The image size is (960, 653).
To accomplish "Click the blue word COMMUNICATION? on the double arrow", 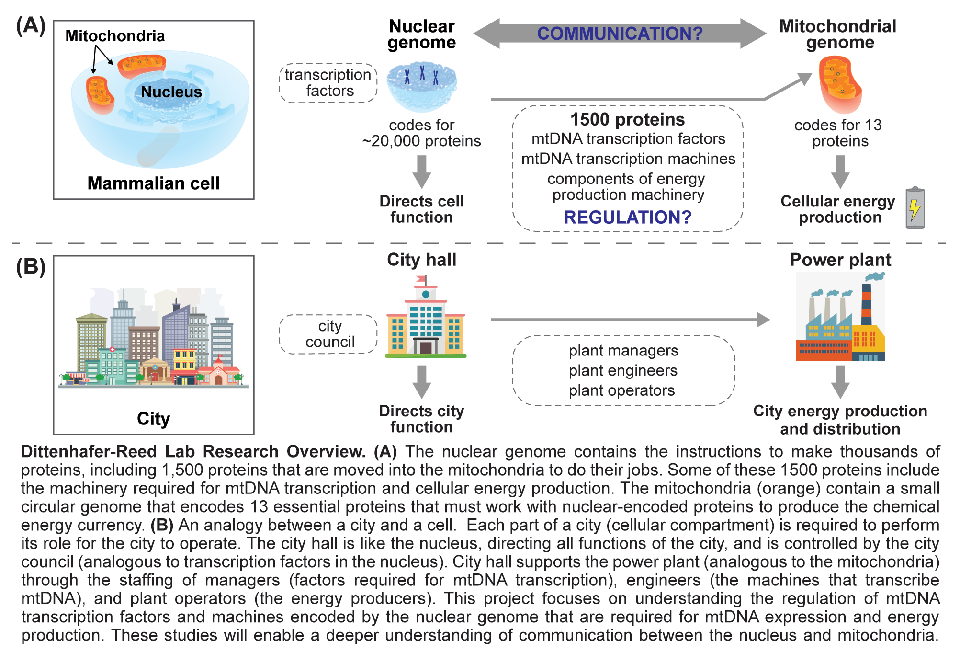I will (620, 34).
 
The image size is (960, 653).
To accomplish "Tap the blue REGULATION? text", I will (627, 218).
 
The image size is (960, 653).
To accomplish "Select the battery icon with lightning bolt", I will (915, 208).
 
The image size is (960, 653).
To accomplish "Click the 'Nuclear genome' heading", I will (421, 34).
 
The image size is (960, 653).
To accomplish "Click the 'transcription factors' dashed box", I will (328, 83).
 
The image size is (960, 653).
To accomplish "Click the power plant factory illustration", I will (840, 318).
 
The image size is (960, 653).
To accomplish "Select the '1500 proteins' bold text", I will (627, 119).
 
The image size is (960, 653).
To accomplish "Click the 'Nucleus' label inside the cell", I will (171, 92).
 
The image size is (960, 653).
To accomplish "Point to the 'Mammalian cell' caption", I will (153, 183).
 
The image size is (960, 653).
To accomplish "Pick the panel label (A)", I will (31, 26).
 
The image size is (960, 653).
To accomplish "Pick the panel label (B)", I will (31, 266).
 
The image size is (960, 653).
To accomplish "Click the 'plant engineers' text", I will (623, 370).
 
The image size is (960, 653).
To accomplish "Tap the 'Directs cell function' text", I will (421, 209).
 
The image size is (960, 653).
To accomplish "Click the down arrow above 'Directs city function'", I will (421, 381).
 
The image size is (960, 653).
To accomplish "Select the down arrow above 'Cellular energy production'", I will (840, 171).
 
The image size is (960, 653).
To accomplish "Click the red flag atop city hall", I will (421, 278).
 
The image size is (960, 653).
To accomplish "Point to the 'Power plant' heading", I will (840, 260).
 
